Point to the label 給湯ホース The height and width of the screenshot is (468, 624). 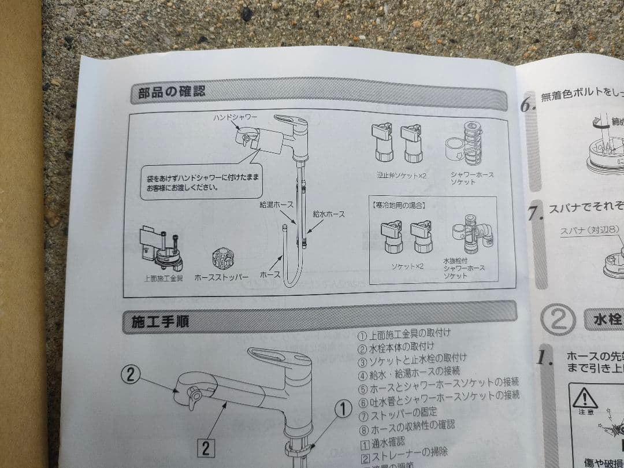click(277, 205)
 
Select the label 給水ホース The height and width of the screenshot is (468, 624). click(328, 214)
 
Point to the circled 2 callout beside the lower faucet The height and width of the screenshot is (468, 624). click(131, 375)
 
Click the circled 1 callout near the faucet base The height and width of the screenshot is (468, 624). click(343, 410)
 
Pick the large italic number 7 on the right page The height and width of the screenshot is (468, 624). click(534, 213)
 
